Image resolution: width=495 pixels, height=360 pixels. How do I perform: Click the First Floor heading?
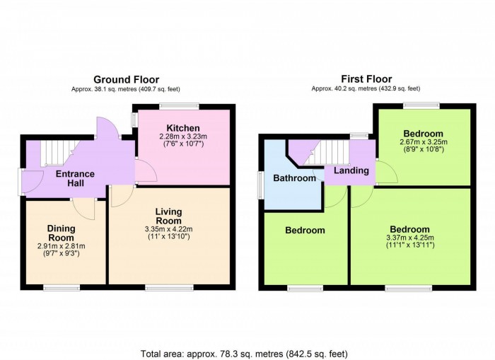point(366,79)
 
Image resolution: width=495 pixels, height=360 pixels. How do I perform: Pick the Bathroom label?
point(295,178)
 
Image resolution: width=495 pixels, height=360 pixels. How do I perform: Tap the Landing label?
point(351,170)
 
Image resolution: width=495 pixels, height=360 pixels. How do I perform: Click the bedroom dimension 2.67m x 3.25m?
point(423,142)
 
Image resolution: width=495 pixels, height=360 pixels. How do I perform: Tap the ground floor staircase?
point(54,151)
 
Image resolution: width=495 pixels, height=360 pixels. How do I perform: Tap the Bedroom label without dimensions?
point(305,231)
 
